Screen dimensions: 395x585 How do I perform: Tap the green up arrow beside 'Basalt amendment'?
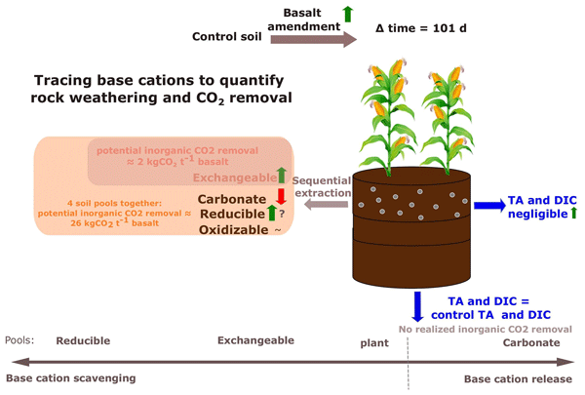coord(347,13)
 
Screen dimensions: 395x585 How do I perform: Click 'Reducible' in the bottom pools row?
coord(83,341)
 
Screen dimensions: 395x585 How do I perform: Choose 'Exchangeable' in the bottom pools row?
coord(254,341)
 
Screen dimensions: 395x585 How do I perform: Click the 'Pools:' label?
coord(19,341)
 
